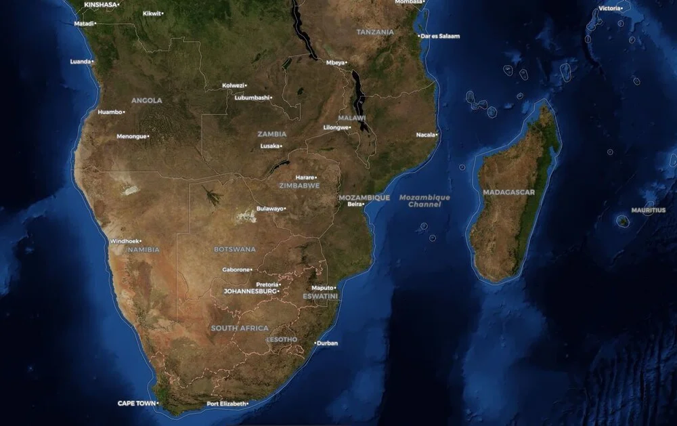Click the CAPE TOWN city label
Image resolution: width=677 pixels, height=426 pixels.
[136, 403]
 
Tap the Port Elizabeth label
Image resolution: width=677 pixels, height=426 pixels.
[226, 404]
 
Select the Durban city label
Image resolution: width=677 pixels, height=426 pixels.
[327, 343]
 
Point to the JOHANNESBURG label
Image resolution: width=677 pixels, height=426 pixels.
[250, 291]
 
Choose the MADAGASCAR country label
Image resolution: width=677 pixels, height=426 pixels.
[508, 192]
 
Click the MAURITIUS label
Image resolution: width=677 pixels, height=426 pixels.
[648, 210]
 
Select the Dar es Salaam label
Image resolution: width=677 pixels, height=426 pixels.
[441, 36]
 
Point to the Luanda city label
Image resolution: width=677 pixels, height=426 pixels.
[80, 62]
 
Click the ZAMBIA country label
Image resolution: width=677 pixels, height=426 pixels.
[271, 133]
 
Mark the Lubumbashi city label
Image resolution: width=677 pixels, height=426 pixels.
[252, 98]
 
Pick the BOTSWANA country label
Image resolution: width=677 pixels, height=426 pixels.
[235, 249]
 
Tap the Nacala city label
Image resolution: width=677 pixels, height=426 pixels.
[426, 135]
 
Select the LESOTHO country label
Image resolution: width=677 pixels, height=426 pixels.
[282, 339]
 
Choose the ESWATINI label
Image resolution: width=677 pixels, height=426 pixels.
[320, 296]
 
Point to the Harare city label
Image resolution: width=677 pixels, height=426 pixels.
[305, 177]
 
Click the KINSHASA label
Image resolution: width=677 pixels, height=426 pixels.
[100, 4]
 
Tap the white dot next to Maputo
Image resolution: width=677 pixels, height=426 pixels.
[334, 288]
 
